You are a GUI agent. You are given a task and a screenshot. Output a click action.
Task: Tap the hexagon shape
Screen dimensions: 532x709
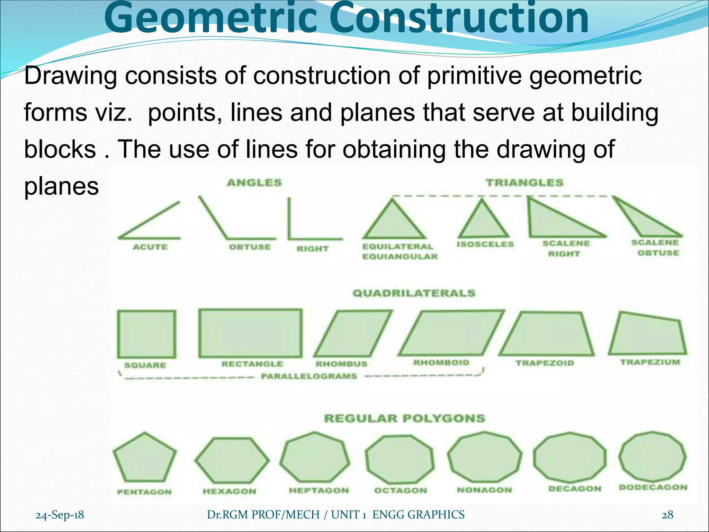[x=232, y=460]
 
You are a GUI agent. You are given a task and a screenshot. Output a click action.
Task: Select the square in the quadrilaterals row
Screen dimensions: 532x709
[x=146, y=334]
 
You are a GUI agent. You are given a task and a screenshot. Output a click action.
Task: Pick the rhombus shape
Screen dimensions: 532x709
[x=353, y=334]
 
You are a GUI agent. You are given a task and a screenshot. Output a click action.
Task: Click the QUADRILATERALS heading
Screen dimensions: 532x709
[x=414, y=293]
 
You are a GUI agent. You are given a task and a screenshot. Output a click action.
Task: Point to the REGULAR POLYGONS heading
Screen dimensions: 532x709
[x=405, y=418]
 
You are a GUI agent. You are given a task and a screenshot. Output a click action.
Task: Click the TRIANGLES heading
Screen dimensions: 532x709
[x=524, y=183]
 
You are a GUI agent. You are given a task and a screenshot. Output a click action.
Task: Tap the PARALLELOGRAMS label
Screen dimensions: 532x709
[x=309, y=376]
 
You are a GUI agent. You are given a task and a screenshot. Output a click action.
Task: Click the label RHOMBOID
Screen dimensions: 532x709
[x=441, y=363]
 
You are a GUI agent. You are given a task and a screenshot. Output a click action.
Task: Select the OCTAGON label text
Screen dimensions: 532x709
[x=401, y=490]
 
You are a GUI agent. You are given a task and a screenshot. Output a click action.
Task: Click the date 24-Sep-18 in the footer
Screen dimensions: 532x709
[x=60, y=515]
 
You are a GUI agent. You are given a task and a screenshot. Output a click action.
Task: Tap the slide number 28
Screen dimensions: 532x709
[x=667, y=515]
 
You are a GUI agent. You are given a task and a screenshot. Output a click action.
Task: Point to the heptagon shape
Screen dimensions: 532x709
[x=315, y=457]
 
